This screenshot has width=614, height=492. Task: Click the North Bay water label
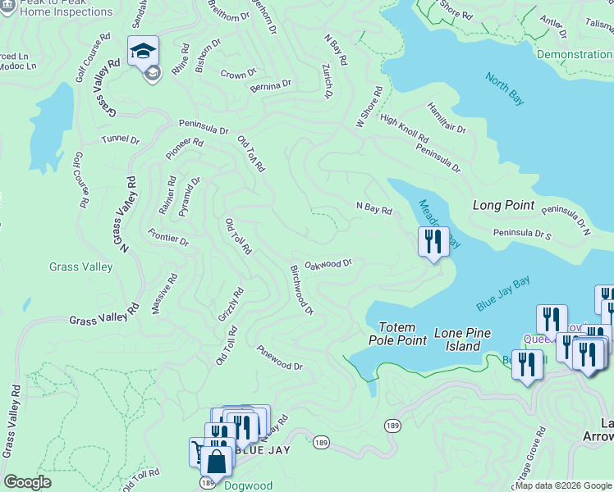[504, 89]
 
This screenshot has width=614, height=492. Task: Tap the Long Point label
[503, 205]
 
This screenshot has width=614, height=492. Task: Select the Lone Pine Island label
[457, 339]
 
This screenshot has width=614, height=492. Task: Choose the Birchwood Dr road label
[301, 289]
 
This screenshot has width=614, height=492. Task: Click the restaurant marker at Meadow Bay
[433, 241]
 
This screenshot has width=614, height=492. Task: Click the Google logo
[27, 482]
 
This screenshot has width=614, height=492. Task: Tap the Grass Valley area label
[80, 266]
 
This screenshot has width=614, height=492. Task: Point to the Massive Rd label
[163, 294]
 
